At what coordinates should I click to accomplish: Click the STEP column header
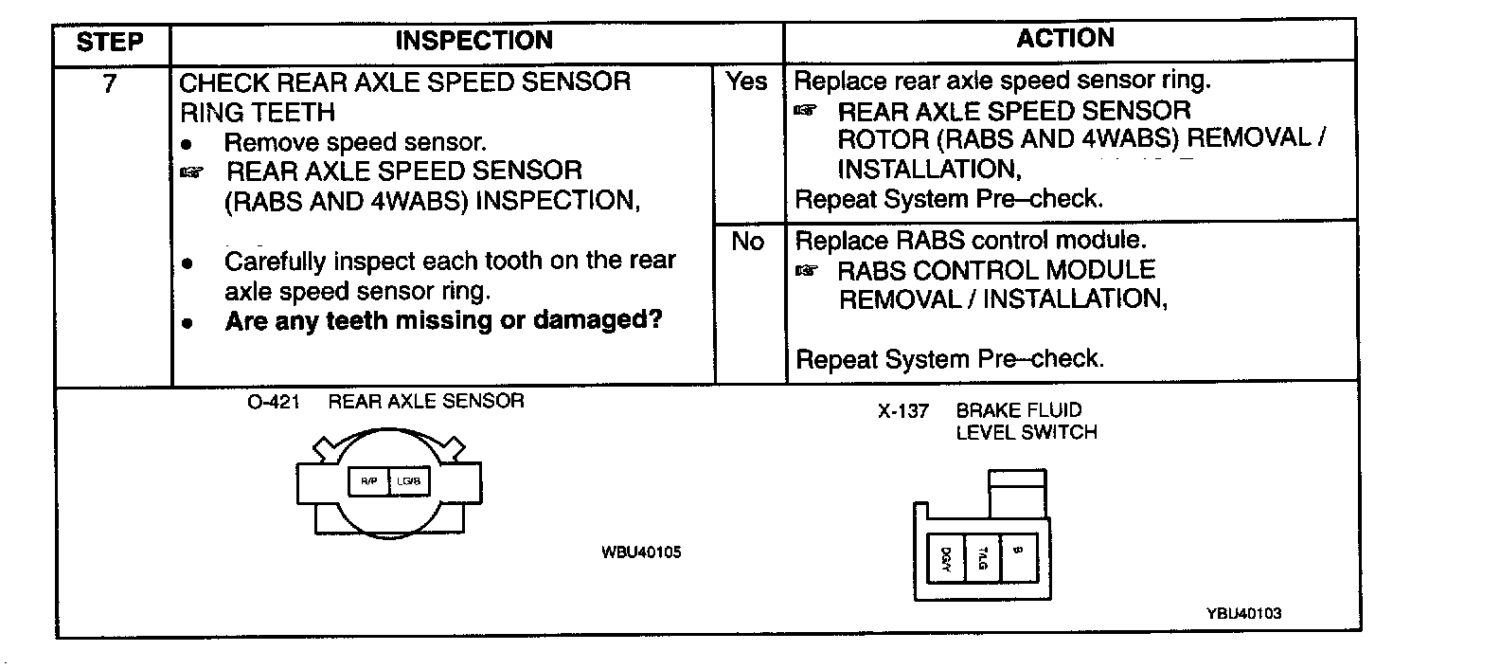tap(110, 42)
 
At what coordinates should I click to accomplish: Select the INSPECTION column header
tap(473, 40)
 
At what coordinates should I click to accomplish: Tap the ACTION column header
tap(1065, 38)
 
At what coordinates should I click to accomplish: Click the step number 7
tap(110, 83)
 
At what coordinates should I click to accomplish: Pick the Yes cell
tap(746, 81)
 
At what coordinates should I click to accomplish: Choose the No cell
tap(747, 242)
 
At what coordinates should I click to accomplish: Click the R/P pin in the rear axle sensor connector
tap(369, 481)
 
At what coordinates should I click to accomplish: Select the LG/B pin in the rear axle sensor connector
tap(410, 481)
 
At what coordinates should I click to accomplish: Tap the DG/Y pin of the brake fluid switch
tap(946, 559)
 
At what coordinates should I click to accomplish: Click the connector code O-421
tap(274, 402)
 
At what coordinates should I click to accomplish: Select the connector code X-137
tap(902, 411)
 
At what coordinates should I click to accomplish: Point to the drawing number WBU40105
tap(640, 552)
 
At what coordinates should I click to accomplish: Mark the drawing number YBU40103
tap(1243, 613)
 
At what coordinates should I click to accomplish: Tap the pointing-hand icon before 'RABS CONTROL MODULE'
tap(806, 271)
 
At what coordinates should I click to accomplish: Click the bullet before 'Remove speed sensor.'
tap(187, 144)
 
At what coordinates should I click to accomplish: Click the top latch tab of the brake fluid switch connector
tap(1016, 493)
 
